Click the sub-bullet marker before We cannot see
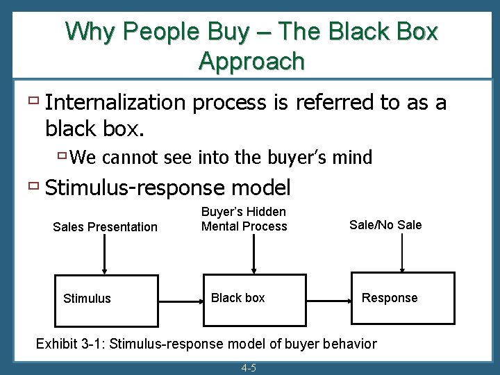62,156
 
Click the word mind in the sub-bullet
353,158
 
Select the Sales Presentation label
106,227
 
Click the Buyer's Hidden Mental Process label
244,219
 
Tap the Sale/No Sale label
385,224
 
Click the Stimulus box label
87,299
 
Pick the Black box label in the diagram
237,298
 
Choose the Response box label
390,298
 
